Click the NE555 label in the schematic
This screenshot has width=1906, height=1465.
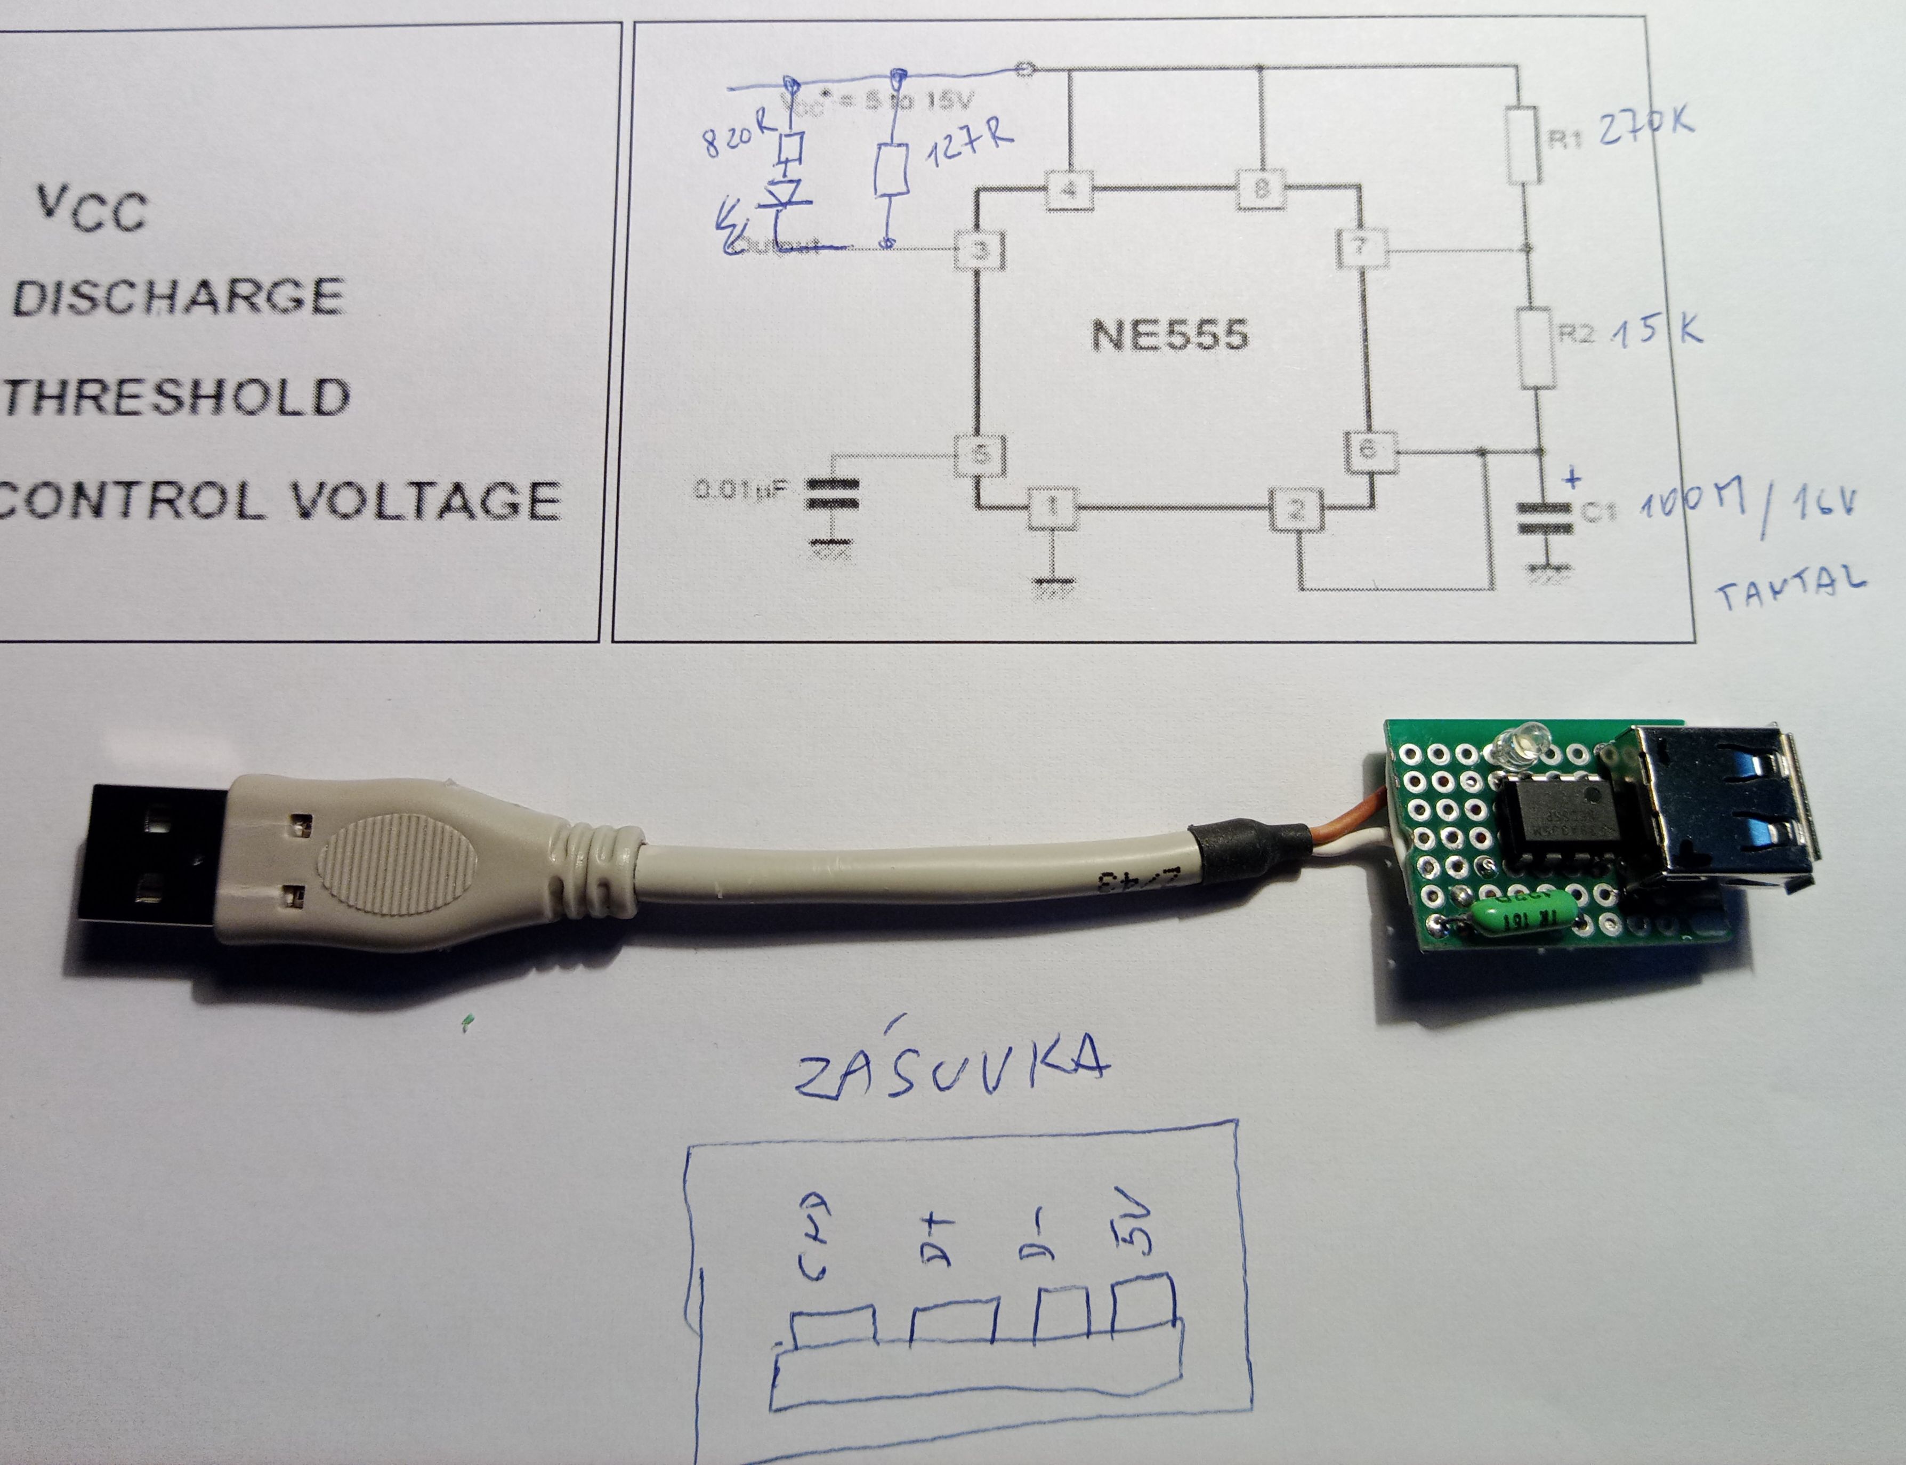(1170, 334)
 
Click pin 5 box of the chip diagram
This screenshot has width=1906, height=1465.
(981, 454)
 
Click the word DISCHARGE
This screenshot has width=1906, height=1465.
(179, 297)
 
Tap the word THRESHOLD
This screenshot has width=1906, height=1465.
(177, 397)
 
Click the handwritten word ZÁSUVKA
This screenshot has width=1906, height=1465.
(951, 1066)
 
